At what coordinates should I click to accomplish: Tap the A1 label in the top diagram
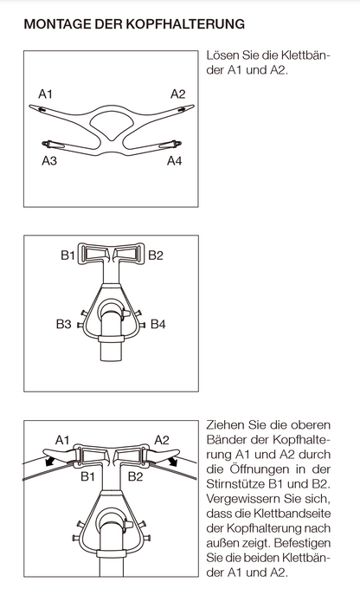[46, 93]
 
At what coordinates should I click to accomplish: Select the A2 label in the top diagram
[177, 93]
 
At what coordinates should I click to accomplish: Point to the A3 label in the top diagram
[51, 160]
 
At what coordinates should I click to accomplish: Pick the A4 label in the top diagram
[175, 160]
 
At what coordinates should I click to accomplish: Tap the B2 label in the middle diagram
[156, 255]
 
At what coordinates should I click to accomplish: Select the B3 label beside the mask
[64, 324]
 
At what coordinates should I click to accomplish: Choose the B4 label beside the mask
[157, 324]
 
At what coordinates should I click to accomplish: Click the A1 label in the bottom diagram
[62, 440]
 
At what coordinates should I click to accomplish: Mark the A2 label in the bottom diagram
[162, 440]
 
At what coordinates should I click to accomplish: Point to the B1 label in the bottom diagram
[87, 475]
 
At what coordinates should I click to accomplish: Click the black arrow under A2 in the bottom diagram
[176, 462]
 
